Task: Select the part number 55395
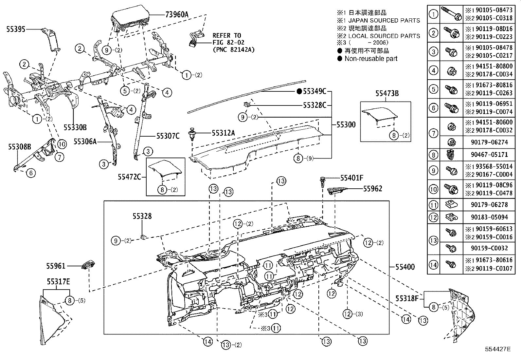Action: coord(16,29)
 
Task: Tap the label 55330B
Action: coord(75,127)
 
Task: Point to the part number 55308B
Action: coord(20,147)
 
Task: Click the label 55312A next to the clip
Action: coord(223,133)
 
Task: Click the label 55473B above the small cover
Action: coord(387,94)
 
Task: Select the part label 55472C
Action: coord(130,177)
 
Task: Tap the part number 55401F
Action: coord(352,178)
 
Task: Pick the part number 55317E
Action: coord(58,281)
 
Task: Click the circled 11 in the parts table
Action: coord(433,205)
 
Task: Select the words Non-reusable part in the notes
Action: coord(371,59)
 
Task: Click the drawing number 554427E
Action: coord(498,349)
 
